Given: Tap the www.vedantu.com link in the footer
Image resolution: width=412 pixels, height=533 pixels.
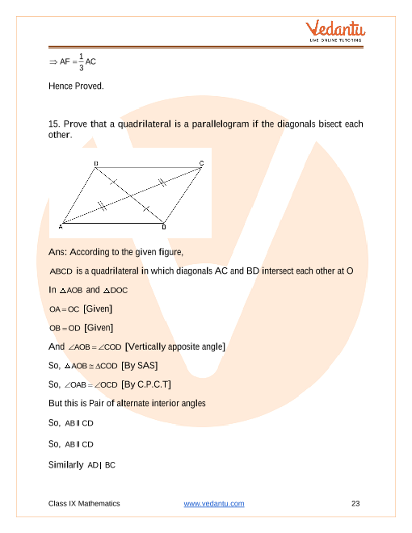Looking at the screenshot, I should pos(214,504).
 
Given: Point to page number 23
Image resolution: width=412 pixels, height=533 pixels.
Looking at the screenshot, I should pos(355,504).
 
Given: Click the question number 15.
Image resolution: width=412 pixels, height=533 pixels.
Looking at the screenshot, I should pos(55,124).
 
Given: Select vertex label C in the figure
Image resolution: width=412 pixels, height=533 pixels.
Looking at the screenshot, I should pos(201,164).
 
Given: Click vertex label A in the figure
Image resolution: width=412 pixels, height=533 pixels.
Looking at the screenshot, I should pos(61,227).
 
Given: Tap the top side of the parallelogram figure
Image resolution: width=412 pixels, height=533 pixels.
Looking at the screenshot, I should pos(149,167).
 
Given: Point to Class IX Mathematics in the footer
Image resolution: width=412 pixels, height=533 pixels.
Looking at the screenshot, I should pos(84,504).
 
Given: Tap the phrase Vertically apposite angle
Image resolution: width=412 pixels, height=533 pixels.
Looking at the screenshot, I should pos(177,346).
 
